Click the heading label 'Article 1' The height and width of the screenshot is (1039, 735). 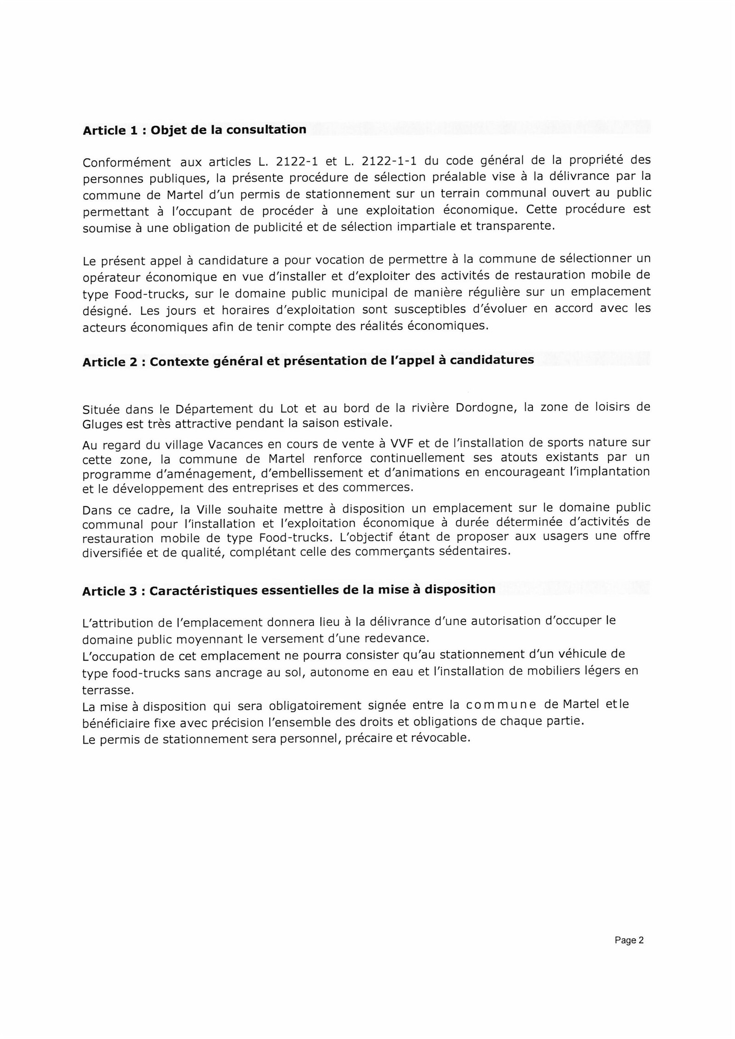(x=110, y=130)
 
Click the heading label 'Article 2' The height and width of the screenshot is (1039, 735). (x=110, y=362)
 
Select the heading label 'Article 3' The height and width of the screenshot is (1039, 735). (x=110, y=591)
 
